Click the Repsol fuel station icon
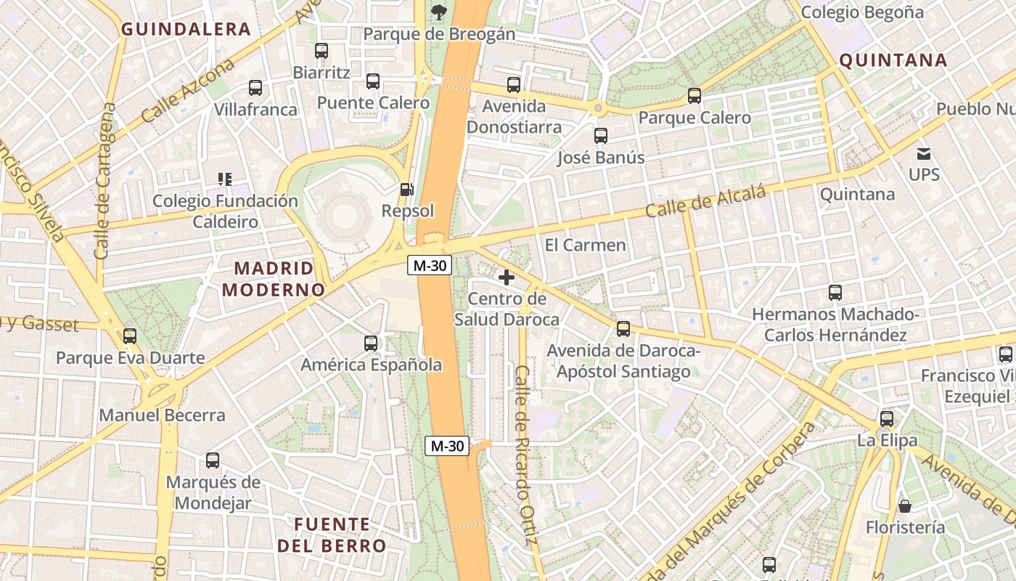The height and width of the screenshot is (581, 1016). tap(407, 190)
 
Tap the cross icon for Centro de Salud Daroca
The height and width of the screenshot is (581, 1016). tap(507, 277)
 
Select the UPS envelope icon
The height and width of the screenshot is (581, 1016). tap(924, 153)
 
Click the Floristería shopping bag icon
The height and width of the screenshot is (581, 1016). tap(905, 505)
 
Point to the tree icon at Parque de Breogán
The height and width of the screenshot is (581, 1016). tap(438, 11)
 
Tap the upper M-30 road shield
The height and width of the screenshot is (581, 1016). tap(429, 266)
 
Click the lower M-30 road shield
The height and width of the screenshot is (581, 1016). tap(447, 446)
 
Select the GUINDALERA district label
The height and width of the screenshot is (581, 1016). tap(186, 30)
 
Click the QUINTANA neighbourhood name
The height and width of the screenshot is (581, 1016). tap(893, 60)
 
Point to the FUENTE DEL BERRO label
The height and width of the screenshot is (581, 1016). tap(332, 535)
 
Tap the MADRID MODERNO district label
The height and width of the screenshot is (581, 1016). tap(273, 279)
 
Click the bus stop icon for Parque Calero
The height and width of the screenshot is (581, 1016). tap(695, 96)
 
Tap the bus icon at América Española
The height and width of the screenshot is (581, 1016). tap(371, 343)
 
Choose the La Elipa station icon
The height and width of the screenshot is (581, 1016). tap(887, 419)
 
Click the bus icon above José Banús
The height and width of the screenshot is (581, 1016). tap(601, 136)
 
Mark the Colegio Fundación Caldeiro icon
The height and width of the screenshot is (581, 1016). tap(225, 179)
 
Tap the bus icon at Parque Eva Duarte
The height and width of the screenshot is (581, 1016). tap(130, 336)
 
